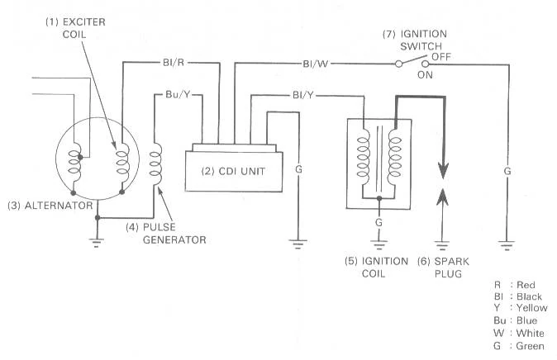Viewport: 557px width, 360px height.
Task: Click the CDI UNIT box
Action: click(234, 172)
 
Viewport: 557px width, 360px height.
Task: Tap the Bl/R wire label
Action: click(174, 63)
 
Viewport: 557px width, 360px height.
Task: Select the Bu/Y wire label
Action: click(178, 94)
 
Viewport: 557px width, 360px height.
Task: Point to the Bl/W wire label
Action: click(316, 64)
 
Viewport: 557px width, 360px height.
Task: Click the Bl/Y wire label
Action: click(303, 95)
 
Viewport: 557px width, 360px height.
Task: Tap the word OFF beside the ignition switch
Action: click(441, 57)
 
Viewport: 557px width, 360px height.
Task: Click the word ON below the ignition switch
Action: click(425, 75)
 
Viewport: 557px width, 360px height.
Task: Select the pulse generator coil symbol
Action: click(155, 164)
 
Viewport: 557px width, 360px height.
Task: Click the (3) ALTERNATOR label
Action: click(50, 206)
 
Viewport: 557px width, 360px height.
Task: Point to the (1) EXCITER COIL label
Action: click(75, 28)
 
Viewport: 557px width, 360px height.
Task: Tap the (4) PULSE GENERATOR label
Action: click(166, 233)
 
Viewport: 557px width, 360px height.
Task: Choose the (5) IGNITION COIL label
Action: click(376, 268)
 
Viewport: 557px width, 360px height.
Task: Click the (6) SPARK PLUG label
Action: click(443, 268)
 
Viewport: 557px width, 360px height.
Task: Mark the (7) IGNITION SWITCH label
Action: click(415, 40)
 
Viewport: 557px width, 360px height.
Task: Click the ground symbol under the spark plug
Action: click(442, 245)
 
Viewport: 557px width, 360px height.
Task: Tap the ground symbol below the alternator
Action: click(96, 242)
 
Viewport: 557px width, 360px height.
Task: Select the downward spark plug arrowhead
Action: click(443, 170)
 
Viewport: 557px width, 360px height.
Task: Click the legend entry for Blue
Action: click(515, 320)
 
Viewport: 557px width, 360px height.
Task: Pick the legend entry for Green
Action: click(519, 346)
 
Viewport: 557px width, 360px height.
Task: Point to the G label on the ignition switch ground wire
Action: click(507, 171)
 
